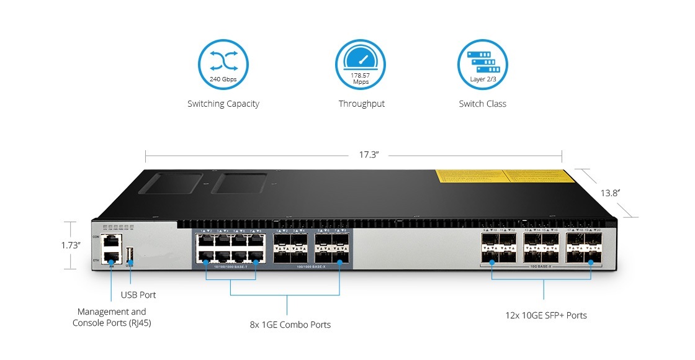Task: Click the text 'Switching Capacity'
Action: tap(223, 104)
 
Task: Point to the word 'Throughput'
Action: tap(361, 104)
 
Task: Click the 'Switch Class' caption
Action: tap(482, 104)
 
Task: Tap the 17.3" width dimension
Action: tap(368, 155)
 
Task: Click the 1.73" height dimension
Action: tap(71, 245)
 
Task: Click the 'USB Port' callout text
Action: tap(138, 295)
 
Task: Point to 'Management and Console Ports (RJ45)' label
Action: tap(112, 317)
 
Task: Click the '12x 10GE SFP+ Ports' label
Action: tap(545, 315)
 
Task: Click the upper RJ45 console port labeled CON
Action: tap(110, 240)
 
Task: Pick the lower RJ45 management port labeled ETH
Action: tap(110, 255)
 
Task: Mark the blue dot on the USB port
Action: tap(130, 262)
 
